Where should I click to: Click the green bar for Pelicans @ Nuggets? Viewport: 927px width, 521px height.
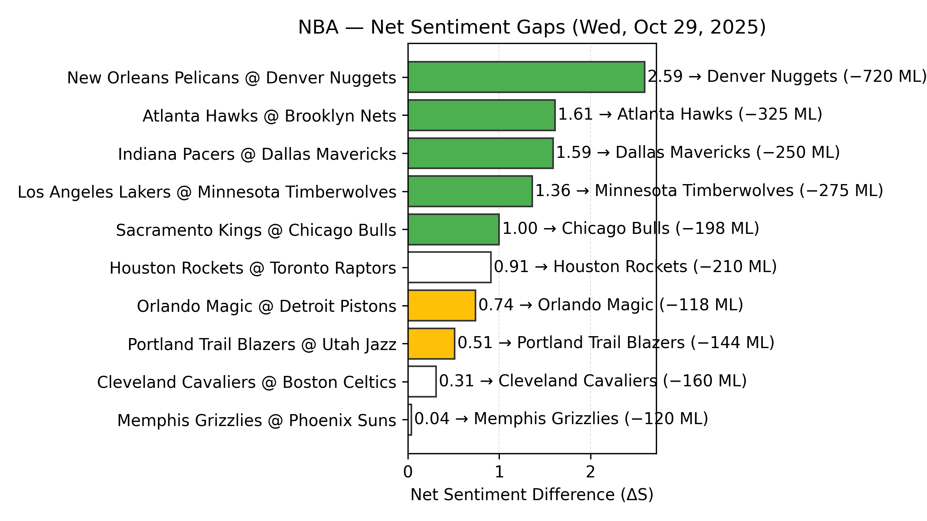tap(526, 77)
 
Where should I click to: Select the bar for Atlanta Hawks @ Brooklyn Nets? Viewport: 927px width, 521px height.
tap(481, 115)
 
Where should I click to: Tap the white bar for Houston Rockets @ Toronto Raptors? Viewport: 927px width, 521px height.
tap(449, 267)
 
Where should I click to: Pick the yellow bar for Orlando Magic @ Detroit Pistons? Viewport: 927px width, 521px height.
tap(441, 305)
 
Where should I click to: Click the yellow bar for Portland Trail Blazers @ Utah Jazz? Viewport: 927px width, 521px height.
tap(431, 343)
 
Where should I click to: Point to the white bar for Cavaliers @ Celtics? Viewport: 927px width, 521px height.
tap(422, 382)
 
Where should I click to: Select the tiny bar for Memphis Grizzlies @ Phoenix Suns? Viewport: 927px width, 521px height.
tap(410, 420)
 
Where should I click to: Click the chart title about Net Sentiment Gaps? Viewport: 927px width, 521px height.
tap(532, 28)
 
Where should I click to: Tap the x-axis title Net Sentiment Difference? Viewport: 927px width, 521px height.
tap(532, 495)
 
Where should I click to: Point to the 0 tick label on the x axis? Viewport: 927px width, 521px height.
tap(408, 472)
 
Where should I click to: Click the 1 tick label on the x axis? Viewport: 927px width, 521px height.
tap(499, 472)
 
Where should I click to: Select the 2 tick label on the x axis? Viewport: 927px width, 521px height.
tap(590, 472)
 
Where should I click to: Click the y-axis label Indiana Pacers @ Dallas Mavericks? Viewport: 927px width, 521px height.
tap(257, 154)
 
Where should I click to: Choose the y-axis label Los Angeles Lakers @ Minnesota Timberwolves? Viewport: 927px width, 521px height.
tap(207, 192)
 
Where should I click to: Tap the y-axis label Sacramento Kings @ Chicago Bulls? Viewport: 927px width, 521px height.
tap(256, 230)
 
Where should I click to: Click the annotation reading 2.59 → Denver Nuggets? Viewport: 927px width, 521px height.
tap(742, 76)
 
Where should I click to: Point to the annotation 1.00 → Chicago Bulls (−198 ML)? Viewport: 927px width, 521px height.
tap(631, 228)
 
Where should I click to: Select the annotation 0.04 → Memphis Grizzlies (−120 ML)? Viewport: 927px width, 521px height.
tap(561, 419)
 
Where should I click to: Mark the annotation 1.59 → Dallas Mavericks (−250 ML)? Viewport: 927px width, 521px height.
tap(698, 152)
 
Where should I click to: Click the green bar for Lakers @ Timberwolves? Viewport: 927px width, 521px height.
tap(470, 191)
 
